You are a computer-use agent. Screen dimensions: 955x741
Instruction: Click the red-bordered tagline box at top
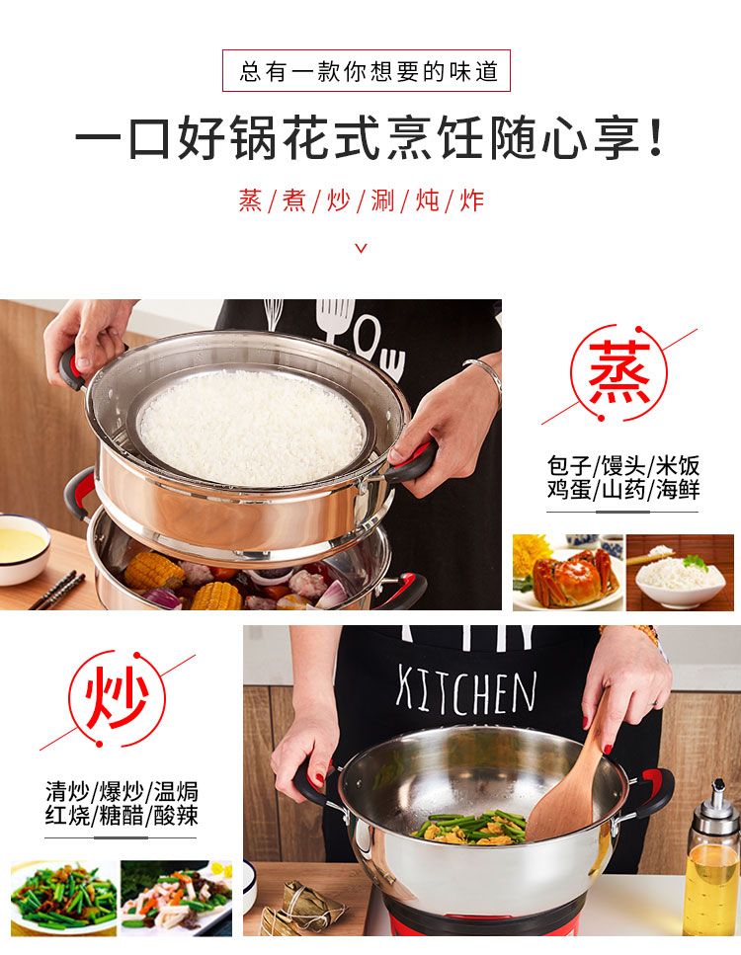pyautogui.click(x=366, y=71)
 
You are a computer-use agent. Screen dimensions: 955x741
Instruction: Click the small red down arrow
pyautogui.click(x=361, y=247)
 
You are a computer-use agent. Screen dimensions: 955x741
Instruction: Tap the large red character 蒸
pyautogui.click(x=619, y=373)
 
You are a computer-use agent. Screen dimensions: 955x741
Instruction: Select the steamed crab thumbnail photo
pyautogui.click(x=567, y=572)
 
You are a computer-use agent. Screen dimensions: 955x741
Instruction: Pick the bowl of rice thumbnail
pyautogui.click(x=681, y=572)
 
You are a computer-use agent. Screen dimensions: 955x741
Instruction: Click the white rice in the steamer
pyautogui.click(x=251, y=425)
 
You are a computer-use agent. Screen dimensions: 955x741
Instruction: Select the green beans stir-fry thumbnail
pyautogui.click(x=63, y=898)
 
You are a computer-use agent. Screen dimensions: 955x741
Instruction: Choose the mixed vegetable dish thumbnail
pyautogui.click(x=176, y=898)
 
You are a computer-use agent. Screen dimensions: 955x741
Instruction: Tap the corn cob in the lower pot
pyautogui.click(x=153, y=570)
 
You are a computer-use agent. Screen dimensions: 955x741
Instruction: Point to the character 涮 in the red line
pyautogui.click(x=382, y=200)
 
